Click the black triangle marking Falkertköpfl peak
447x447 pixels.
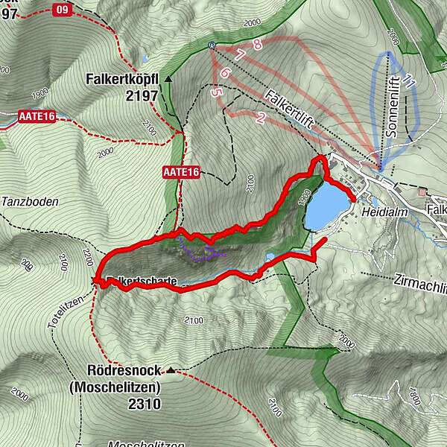[x=169, y=78]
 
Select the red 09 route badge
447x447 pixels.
[x=63, y=10]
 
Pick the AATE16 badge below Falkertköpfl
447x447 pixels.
[x=181, y=172]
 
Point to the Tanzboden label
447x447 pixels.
[x=29, y=202]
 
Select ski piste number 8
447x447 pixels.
[x=258, y=45]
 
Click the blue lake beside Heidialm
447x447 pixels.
[x=326, y=208]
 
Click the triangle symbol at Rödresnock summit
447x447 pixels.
[x=172, y=370]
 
